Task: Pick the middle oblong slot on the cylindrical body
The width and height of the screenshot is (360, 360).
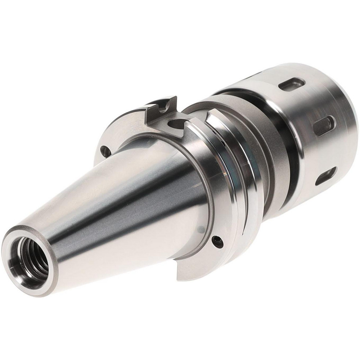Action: click(324, 125)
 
